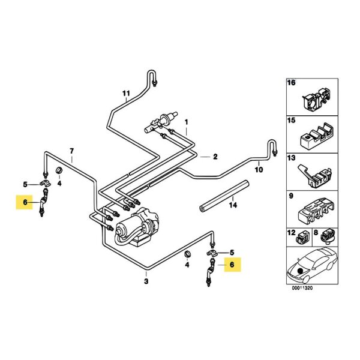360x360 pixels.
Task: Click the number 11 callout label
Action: [126, 93]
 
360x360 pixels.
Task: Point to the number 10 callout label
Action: [259, 170]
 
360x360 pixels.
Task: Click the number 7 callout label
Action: [71, 150]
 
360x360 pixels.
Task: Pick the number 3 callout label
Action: [146, 280]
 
